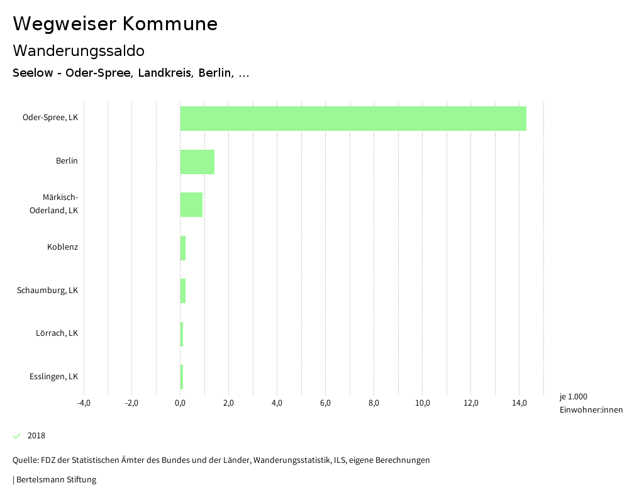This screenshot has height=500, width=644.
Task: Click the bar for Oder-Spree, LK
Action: click(x=353, y=118)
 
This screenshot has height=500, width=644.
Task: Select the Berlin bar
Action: click(x=197, y=162)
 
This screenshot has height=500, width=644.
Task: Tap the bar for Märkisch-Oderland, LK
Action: click(x=191, y=204)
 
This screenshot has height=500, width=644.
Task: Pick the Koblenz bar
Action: click(x=183, y=248)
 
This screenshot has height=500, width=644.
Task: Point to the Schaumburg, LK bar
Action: click(x=183, y=291)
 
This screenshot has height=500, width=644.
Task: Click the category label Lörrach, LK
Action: click(x=57, y=333)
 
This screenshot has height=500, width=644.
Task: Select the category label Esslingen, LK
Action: click(x=53, y=377)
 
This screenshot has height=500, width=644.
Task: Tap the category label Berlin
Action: click(x=67, y=161)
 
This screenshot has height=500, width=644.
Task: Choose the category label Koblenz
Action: click(x=62, y=247)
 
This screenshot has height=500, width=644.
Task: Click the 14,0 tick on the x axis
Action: click(x=519, y=403)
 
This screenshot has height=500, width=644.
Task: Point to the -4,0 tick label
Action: click(x=84, y=403)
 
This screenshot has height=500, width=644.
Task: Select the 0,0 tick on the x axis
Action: click(x=180, y=403)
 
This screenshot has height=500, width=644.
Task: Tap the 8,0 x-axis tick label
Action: click(x=374, y=403)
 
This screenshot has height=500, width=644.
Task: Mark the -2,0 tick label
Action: click(x=131, y=403)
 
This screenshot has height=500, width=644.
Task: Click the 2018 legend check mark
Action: click(x=17, y=436)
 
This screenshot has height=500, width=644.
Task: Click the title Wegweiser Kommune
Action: click(x=115, y=24)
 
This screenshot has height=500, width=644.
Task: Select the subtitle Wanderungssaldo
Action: click(x=79, y=50)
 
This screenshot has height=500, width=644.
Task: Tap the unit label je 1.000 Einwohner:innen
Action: click(x=591, y=403)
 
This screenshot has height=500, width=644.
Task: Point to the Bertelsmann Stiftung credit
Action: click(x=56, y=480)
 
